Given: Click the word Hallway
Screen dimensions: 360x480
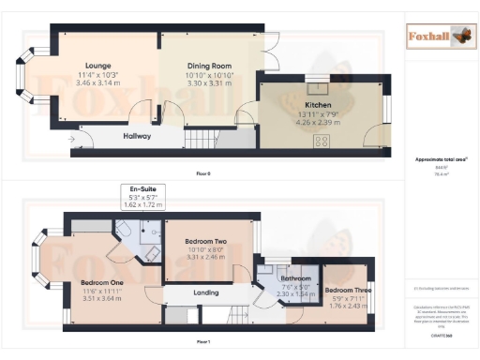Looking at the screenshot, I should [x=138, y=136].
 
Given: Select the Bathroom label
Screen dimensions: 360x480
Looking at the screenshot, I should [x=296, y=278].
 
